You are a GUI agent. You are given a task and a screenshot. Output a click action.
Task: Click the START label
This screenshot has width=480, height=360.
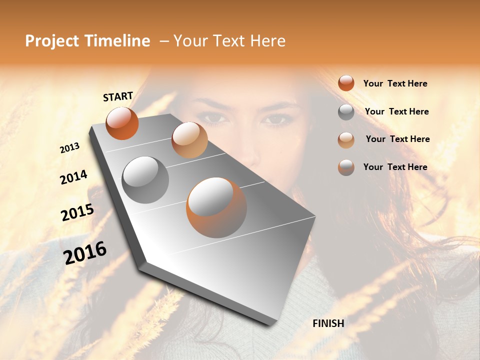pos(118,96)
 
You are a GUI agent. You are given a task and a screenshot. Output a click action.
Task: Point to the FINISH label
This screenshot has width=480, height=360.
pos(328,323)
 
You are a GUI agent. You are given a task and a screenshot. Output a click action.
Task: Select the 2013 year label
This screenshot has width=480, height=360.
pos(70,147)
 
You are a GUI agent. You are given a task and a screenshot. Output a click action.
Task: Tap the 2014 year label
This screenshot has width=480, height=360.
pos(73,177)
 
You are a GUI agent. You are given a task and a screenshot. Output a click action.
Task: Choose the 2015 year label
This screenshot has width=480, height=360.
pos(77,212)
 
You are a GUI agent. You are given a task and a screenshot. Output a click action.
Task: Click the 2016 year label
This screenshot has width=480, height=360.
pos(85,252)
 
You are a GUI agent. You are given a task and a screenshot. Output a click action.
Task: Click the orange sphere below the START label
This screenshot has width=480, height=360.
pos(122,123)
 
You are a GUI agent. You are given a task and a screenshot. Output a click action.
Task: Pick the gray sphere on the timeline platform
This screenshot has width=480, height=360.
pos(145,179)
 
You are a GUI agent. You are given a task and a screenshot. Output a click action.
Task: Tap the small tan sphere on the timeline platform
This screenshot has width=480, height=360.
pos(189,139)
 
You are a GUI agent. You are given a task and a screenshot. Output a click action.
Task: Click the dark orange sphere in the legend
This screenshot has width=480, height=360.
pos(346,83)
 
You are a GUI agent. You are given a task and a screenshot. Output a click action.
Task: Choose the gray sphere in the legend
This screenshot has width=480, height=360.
pos(346,112)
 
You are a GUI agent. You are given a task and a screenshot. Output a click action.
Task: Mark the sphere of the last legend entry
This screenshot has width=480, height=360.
pos(346,167)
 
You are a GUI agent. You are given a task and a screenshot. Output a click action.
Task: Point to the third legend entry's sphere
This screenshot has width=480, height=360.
pos(346,140)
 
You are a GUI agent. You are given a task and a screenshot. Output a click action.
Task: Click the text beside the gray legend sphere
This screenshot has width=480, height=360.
pos(396,111)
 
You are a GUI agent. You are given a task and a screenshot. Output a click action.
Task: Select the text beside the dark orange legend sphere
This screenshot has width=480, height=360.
pos(395,83)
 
